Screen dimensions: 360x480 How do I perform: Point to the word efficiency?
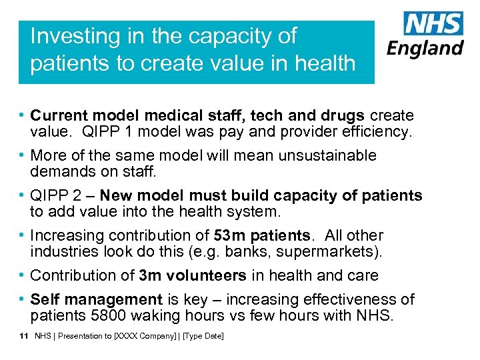pos(378,132)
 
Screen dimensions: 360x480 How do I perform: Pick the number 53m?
pos(228,235)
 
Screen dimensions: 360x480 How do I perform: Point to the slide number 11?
pos(23,337)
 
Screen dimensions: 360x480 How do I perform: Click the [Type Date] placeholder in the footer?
pos(203,337)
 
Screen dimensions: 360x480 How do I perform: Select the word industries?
pos(60,252)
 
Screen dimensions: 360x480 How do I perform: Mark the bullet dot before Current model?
pos(23,116)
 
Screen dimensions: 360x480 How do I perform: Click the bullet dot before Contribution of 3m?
pos(23,275)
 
